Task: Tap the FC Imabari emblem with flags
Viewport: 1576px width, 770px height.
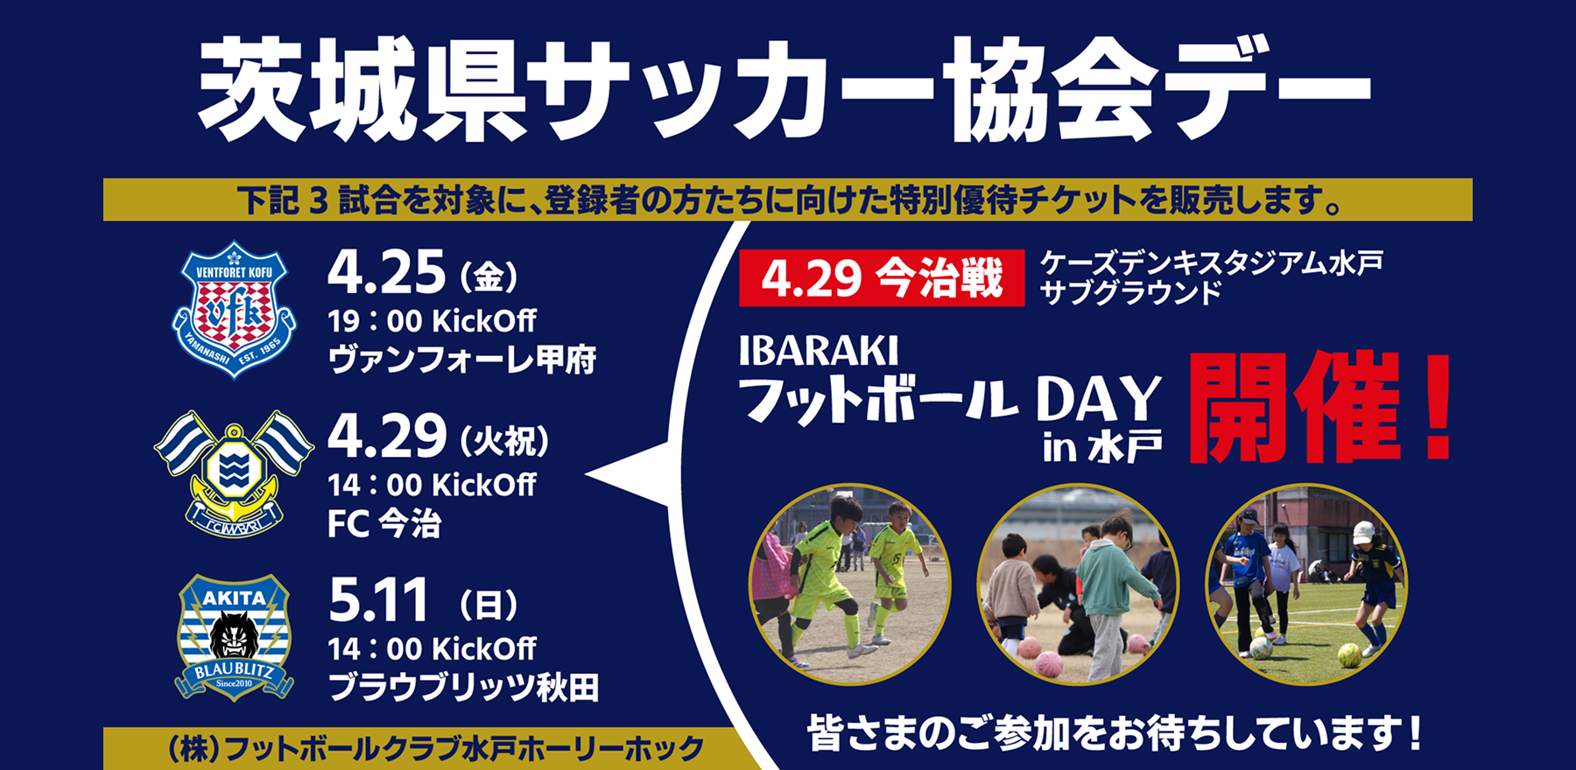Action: point(234,473)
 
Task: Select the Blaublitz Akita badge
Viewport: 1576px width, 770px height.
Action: point(234,637)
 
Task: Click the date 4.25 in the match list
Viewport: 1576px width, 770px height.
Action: point(386,272)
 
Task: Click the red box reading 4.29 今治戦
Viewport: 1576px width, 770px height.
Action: point(882,278)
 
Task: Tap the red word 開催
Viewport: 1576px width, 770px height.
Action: point(1296,408)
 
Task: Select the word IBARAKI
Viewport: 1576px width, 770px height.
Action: point(819,351)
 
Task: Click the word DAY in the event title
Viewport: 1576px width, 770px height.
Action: point(1099,400)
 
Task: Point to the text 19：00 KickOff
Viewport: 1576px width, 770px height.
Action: point(432,321)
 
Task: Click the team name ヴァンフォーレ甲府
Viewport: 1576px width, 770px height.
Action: point(462,360)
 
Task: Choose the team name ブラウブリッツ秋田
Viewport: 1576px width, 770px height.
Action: point(463,688)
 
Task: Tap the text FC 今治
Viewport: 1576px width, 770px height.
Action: point(384,524)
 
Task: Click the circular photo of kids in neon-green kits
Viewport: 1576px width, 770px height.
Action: point(849,584)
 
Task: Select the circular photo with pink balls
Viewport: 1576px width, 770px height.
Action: point(1078,584)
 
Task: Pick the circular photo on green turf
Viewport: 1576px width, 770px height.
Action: point(1306,584)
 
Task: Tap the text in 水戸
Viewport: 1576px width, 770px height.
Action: point(1102,448)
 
